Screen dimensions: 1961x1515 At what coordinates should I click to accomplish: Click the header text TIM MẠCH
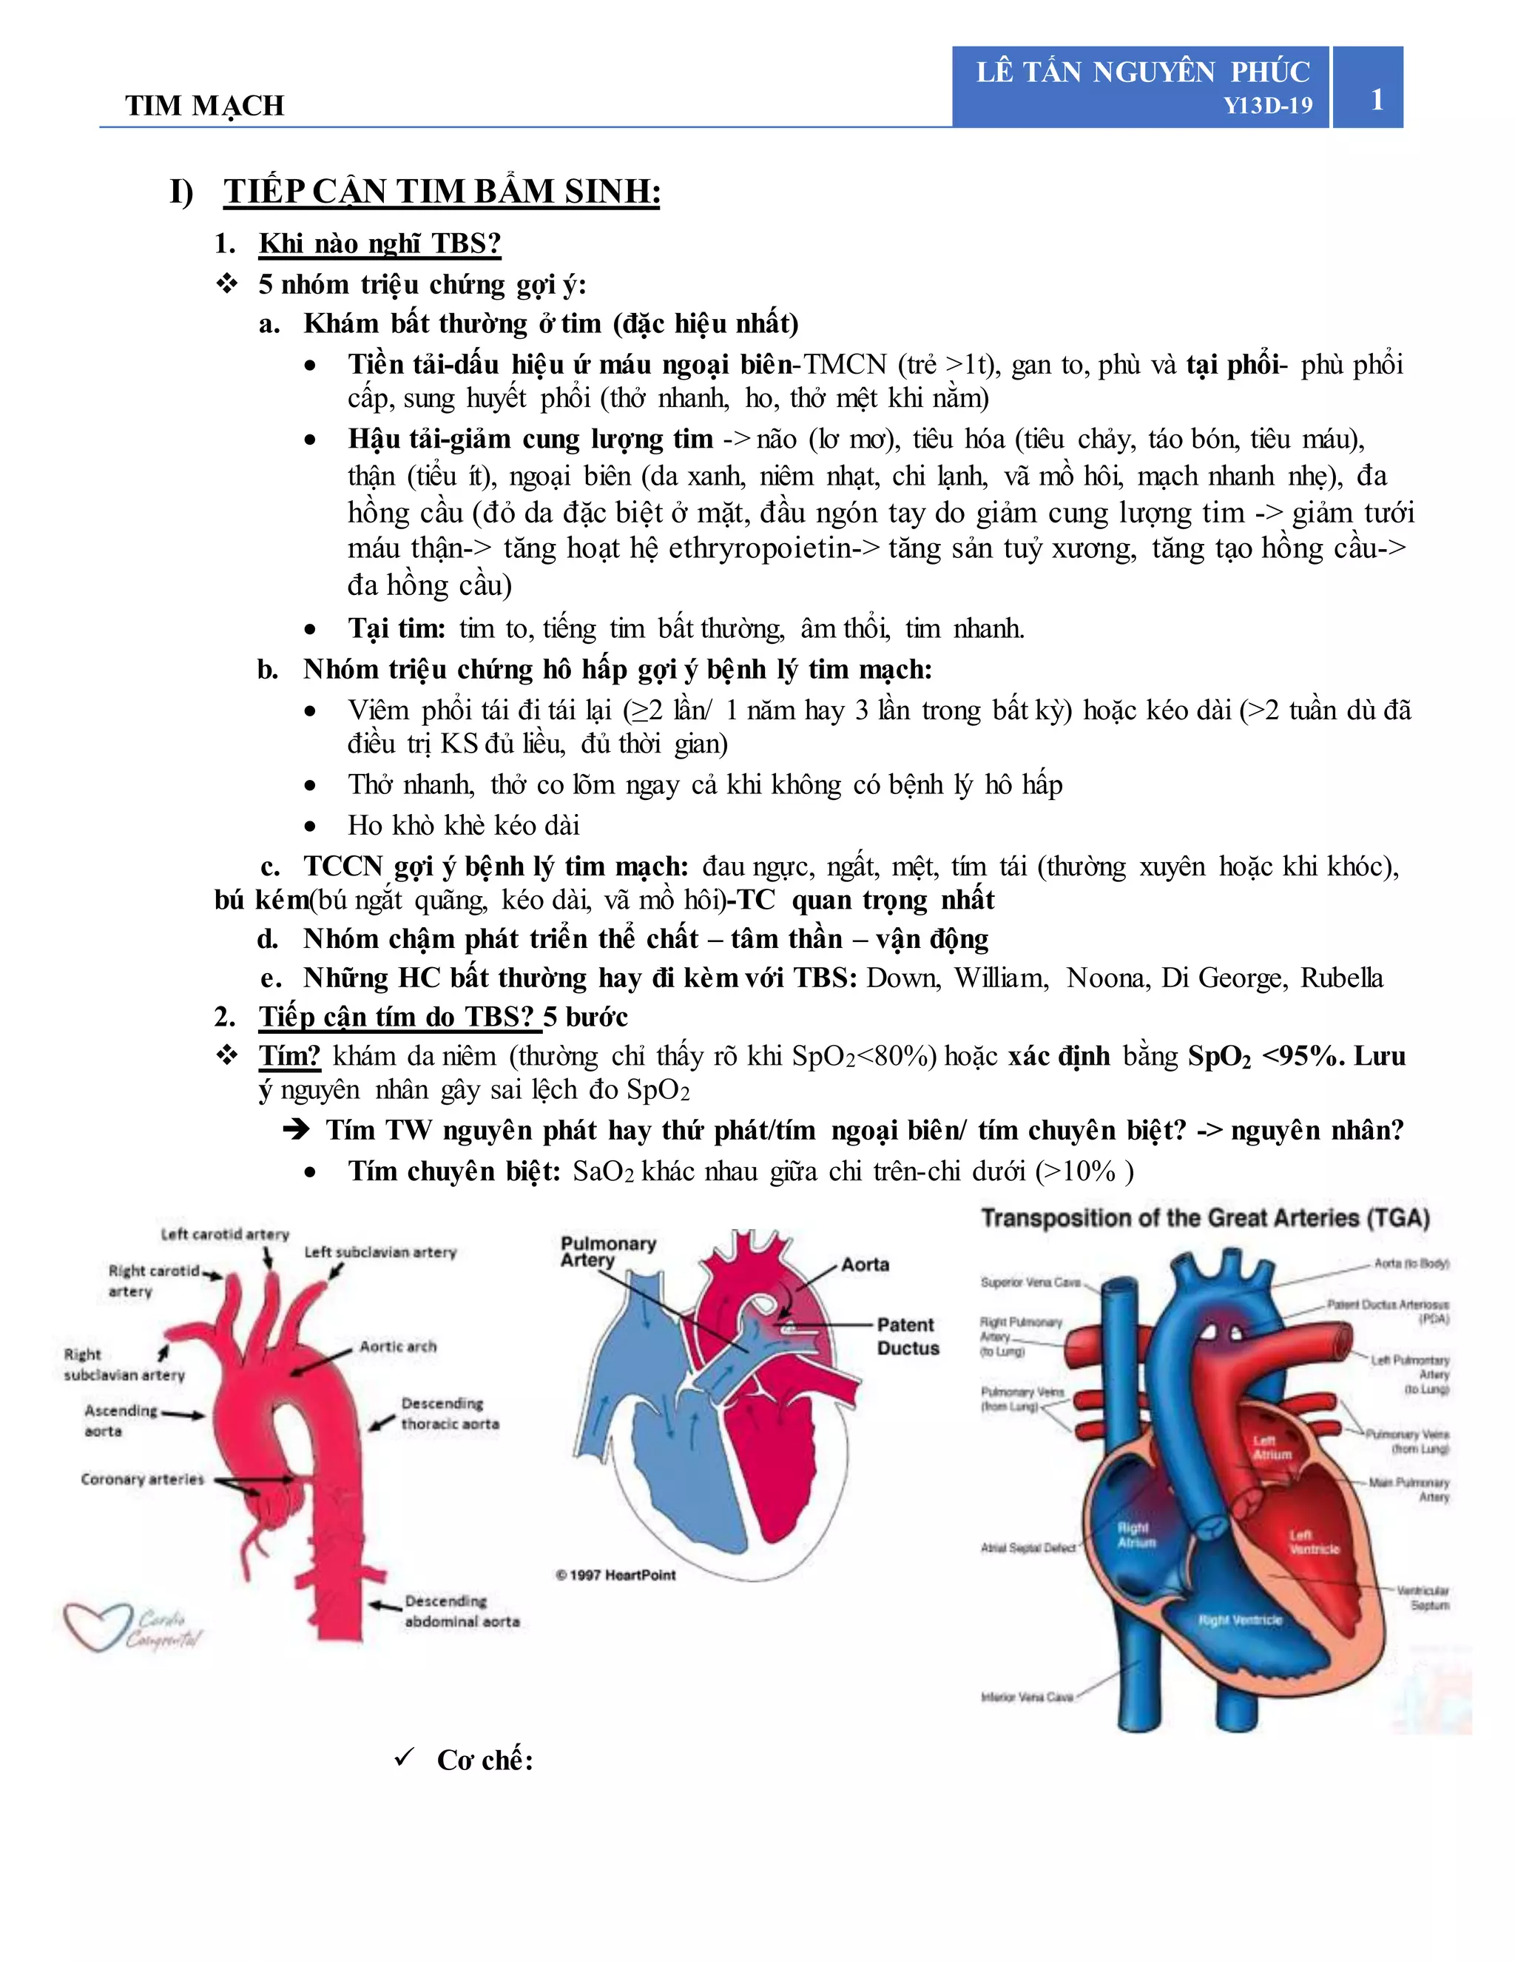click(205, 106)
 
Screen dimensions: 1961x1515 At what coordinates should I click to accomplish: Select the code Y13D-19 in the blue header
click(1267, 106)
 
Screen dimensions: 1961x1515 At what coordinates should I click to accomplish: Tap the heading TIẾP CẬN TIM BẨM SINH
click(442, 192)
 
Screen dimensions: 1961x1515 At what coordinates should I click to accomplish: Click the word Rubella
click(1342, 978)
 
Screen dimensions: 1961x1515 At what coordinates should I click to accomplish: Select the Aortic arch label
click(397, 1347)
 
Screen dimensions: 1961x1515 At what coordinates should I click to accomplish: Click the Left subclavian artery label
click(379, 1251)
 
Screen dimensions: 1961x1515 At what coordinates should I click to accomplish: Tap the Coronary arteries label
click(143, 1479)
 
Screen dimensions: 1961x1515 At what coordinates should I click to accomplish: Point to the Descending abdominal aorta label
click(462, 1611)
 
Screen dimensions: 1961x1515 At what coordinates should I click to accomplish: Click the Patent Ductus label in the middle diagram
click(908, 1336)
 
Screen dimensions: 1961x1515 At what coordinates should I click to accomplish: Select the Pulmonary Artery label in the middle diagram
click(607, 1251)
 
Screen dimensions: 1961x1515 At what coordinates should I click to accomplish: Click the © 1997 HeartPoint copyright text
click(615, 1575)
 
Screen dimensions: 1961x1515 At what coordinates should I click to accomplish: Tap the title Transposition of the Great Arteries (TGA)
click(1204, 1219)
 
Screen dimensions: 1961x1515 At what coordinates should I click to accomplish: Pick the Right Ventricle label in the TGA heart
click(1241, 1620)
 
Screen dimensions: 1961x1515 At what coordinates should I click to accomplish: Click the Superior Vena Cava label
click(1030, 1282)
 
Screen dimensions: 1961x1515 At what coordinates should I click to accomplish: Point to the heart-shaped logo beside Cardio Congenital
click(97, 1626)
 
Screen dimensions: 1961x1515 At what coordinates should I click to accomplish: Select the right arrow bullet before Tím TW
click(296, 1129)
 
